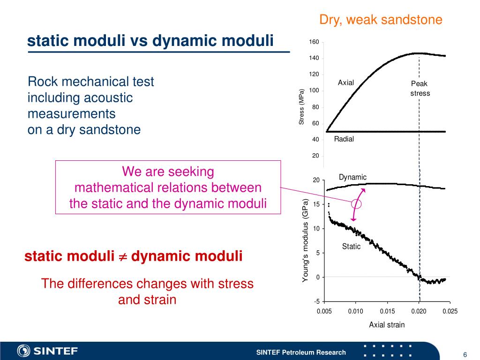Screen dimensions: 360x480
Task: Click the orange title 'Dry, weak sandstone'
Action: pyautogui.click(x=381, y=20)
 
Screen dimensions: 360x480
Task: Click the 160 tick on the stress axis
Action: pyautogui.click(x=314, y=42)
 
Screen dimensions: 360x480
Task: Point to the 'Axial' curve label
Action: pyautogui.click(x=346, y=83)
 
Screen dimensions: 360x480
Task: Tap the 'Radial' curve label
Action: pyautogui.click(x=344, y=139)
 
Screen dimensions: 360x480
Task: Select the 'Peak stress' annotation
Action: pyautogui.click(x=420, y=89)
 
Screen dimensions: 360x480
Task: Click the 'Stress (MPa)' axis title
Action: pyautogui.click(x=302, y=107)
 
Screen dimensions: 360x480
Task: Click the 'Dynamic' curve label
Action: pyautogui.click(x=352, y=177)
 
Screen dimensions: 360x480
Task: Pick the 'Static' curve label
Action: pyautogui.click(x=351, y=247)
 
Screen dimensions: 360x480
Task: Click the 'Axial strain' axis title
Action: pyautogui.click(x=387, y=324)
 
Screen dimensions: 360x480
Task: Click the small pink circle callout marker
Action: pyautogui.click(x=357, y=204)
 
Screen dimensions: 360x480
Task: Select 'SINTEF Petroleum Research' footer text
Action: pyautogui.click(x=301, y=352)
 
